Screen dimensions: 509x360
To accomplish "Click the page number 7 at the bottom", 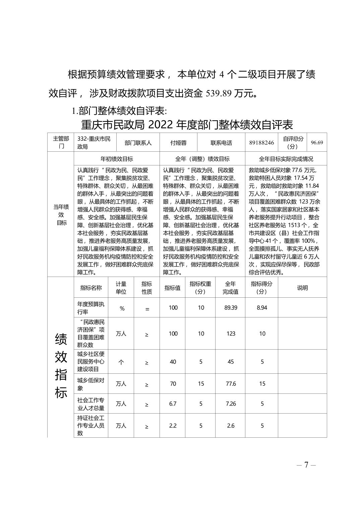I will [x=306, y=465].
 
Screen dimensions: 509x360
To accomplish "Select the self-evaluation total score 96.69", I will [x=317, y=143].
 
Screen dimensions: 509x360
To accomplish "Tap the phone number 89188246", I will [x=261, y=143].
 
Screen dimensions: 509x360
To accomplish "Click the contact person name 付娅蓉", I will [x=178, y=143].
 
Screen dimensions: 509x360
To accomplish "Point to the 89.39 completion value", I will [x=231, y=308].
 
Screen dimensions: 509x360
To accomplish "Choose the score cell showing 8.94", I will [x=262, y=308].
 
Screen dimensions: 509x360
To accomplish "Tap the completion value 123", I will [x=231, y=334].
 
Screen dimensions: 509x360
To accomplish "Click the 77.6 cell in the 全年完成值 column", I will [x=231, y=384].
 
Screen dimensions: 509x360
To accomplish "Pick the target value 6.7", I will [x=173, y=404].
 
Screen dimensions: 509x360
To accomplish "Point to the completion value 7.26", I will [x=231, y=404].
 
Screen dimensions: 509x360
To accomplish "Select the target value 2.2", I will [x=173, y=426].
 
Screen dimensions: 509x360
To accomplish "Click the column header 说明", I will [x=302, y=288].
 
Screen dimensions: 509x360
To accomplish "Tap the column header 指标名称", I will [x=91, y=288].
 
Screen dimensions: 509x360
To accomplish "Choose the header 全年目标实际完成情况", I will [x=286, y=159].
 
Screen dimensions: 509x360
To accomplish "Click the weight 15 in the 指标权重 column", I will [x=200, y=384].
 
